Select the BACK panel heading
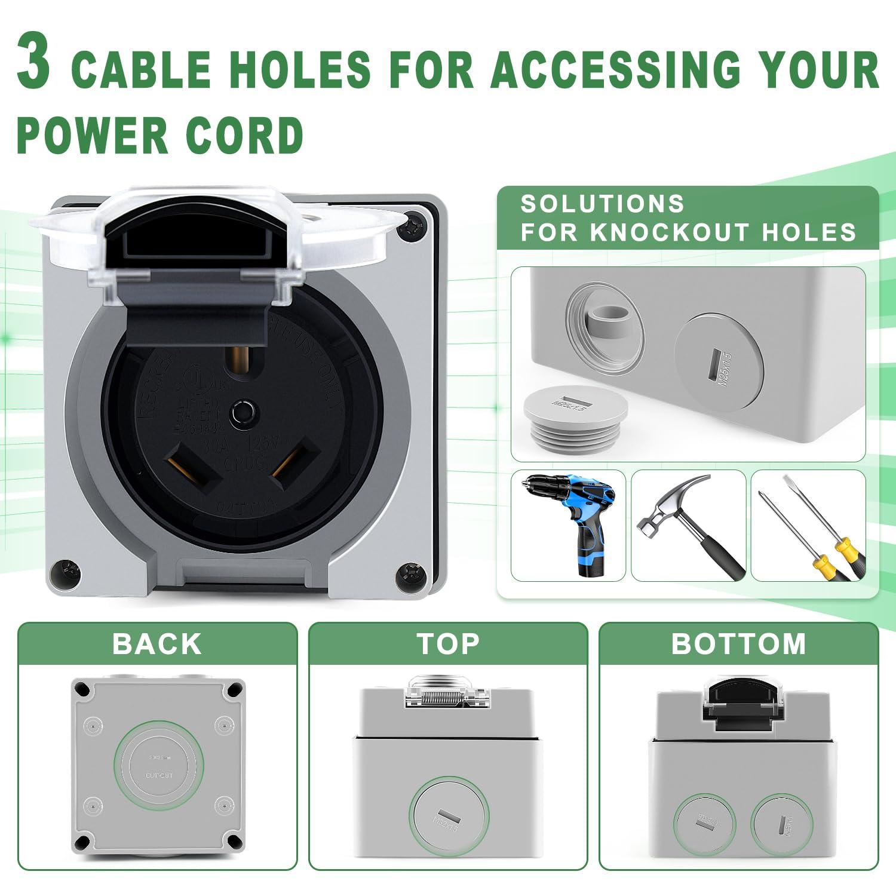[157, 644]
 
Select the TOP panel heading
[448, 644]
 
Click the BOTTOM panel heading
[738, 644]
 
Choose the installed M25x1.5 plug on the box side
[719, 361]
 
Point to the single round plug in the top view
[449, 816]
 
